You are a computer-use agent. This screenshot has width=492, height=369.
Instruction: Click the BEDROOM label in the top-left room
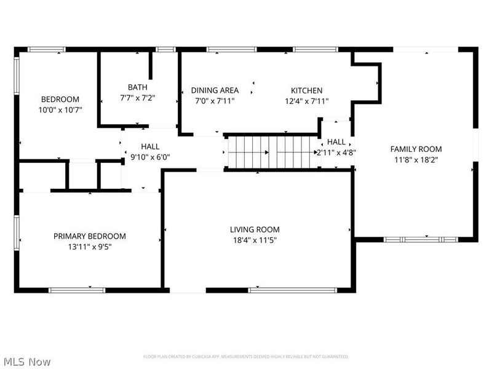pos(60,100)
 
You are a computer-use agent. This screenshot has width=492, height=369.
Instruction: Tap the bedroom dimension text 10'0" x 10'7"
pos(60,110)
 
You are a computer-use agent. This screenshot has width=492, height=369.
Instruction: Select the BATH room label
pos(138,87)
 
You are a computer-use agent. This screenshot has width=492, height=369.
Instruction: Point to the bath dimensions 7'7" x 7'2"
pos(138,98)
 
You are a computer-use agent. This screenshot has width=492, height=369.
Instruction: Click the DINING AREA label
pos(215,90)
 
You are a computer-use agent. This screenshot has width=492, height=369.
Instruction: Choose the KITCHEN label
pos(306,90)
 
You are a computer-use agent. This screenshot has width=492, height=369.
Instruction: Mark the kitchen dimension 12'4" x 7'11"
pos(306,101)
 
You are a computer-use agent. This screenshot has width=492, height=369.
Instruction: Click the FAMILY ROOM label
pos(416,149)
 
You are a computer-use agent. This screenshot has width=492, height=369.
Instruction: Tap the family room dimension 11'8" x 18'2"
pos(416,159)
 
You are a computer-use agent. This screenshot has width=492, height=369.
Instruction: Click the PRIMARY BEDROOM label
pos(90,236)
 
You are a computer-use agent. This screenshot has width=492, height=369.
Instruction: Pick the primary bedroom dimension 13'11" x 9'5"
pos(90,247)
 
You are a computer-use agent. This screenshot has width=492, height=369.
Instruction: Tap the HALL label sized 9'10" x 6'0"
pos(150,146)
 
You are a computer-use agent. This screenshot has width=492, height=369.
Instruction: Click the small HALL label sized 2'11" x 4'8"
pos(336,142)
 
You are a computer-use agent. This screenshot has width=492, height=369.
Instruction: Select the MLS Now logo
pos(27,362)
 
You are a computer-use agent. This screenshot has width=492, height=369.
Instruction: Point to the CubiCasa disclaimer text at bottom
pos(246,357)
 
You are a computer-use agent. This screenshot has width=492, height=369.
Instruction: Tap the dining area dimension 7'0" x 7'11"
pos(215,101)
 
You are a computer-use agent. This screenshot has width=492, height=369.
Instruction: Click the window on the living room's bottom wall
pos(293,289)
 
